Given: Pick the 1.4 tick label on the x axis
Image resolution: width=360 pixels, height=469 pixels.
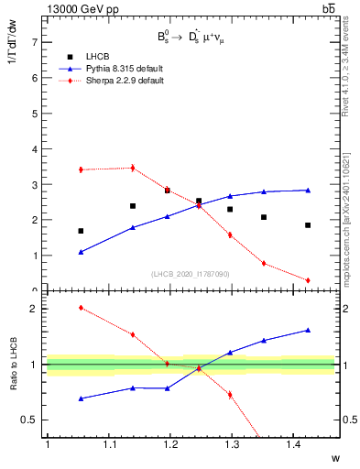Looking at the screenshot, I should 296,444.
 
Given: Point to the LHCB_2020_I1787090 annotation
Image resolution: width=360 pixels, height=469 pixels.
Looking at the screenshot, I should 190,274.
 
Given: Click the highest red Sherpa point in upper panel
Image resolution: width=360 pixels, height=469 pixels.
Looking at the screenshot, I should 132,168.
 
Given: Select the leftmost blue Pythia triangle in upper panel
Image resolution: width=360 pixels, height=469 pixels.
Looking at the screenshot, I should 81,252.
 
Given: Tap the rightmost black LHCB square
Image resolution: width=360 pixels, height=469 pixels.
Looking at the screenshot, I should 308,225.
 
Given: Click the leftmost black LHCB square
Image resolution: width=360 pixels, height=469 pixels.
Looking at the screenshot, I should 81,231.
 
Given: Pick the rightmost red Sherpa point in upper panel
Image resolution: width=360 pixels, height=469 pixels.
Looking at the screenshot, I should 308,280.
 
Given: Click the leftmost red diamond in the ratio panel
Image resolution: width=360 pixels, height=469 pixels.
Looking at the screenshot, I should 81,308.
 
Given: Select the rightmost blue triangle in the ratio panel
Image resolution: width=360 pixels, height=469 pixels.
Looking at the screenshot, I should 308,330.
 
